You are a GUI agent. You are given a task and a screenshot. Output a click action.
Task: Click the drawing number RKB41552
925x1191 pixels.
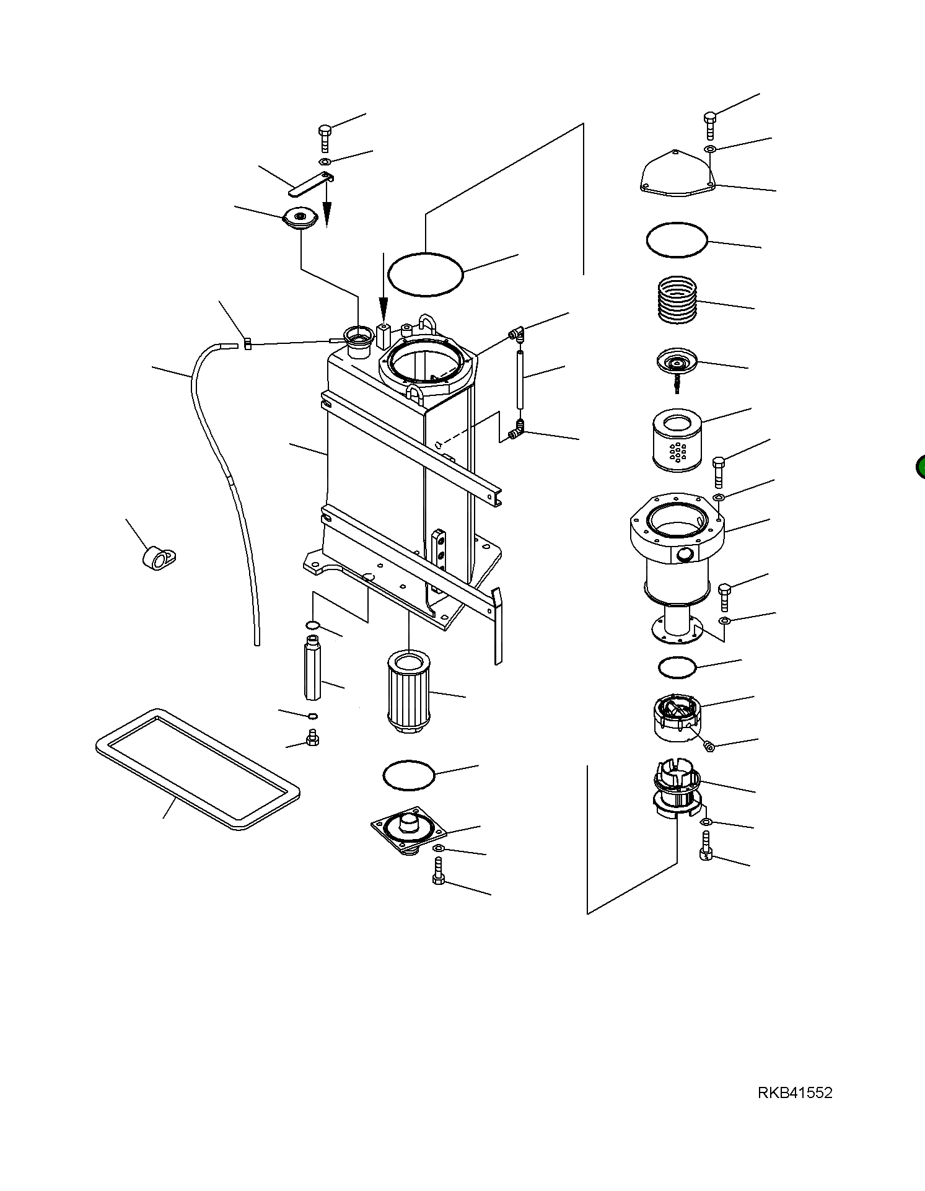tap(794, 1110)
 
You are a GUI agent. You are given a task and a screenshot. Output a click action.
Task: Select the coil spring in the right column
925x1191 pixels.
tap(677, 300)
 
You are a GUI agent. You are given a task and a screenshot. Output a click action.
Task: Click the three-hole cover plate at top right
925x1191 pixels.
tap(677, 175)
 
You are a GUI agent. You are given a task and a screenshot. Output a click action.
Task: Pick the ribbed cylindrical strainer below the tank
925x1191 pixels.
tap(408, 692)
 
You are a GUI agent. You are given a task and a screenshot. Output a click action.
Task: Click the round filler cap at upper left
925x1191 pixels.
tap(300, 219)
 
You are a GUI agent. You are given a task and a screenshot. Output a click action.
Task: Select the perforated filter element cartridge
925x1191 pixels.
tap(677, 441)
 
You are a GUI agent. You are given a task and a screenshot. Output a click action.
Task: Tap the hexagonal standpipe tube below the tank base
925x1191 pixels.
tap(312, 670)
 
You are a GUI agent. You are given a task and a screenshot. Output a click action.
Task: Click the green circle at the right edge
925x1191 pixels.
tap(921, 467)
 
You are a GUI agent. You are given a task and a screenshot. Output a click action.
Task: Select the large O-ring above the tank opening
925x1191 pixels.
tap(425, 275)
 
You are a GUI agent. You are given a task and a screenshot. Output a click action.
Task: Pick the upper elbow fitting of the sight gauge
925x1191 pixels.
tap(517, 335)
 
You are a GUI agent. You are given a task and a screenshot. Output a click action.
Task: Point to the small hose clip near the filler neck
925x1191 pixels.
tap(247, 343)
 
